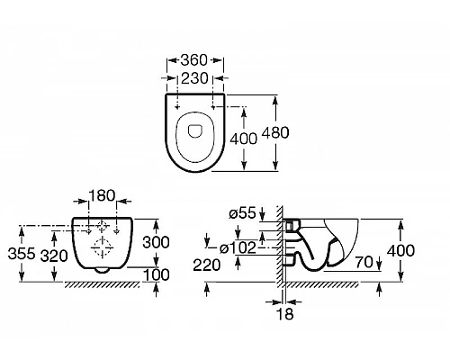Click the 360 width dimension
193,60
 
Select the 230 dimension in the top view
194,78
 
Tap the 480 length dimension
275,132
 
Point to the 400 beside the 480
243,139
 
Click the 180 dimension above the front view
102,195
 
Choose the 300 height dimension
156,242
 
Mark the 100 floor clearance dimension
157,274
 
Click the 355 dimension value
22,254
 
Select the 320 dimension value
54,256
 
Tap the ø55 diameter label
242,213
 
